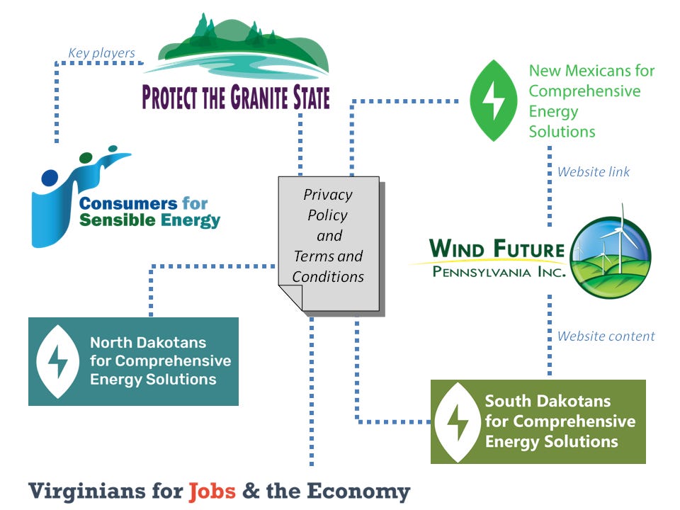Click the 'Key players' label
[101, 53]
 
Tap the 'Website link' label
[593, 171]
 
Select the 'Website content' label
[606, 336]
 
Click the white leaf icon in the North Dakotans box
[57, 361]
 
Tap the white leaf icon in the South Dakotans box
[457, 422]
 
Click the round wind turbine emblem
[610, 256]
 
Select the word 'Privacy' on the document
[327, 195]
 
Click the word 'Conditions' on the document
[328, 276]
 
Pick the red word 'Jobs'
[212, 491]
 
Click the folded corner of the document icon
[291, 297]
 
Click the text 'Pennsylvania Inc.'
[499, 273]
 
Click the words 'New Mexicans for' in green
[591, 71]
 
